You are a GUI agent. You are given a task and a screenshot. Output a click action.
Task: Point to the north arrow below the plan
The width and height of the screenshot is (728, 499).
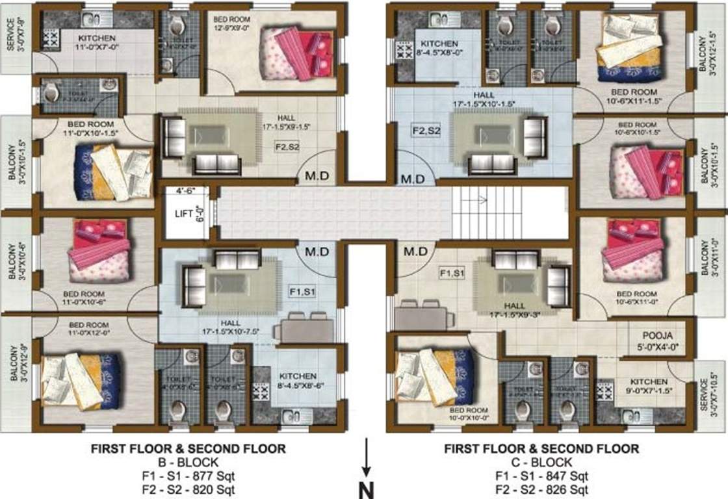[367, 457]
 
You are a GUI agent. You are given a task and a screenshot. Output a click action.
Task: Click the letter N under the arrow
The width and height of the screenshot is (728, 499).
[367, 488]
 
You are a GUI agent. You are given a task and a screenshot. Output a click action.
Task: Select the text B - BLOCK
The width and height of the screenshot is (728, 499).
[188, 462]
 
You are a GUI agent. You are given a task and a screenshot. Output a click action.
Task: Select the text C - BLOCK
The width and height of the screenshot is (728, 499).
[541, 462]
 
